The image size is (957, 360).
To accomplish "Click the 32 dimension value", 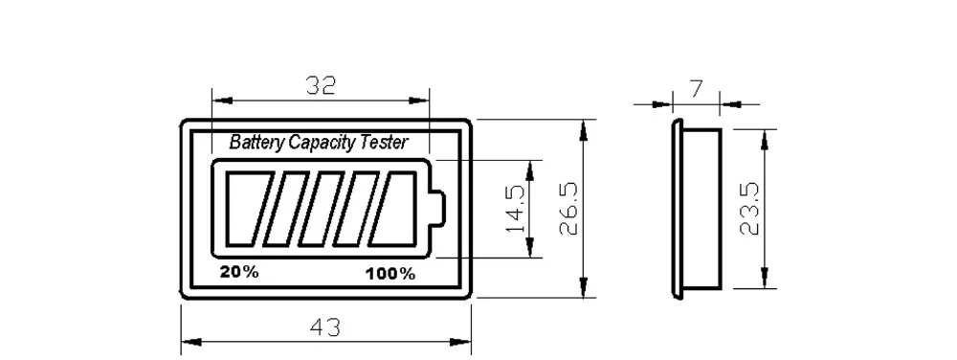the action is pyautogui.click(x=321, y=85).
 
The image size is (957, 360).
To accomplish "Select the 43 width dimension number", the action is pyautogui.click(x=325, y=327).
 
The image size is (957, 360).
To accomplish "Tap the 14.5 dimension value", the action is pyautogui.click(x=516, y=209).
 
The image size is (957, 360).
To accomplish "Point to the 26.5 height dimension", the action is pyautogui.click(x=568, y=208).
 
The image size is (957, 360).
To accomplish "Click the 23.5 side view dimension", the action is pyautogui.click(x=749, y=208).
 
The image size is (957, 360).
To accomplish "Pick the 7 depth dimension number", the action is pyautogui.click(x=696, y=90).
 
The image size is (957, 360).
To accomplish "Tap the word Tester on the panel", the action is pyautogui.click(x=385, y=142).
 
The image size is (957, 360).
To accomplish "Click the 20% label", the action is pyautogui.click(x=239, y=272).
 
